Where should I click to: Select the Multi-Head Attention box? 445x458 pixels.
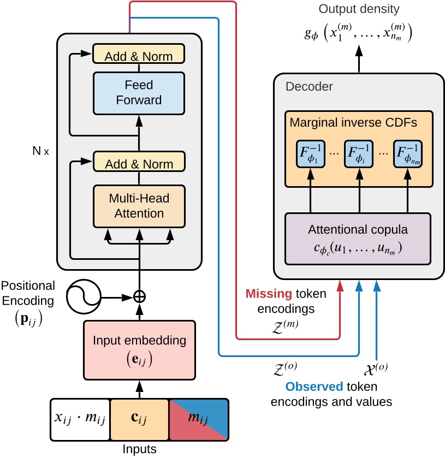click(x=139, y=205)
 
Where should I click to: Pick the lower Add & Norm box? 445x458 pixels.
click(x=139, y=163)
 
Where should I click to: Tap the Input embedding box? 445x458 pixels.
click(x=139, y=350)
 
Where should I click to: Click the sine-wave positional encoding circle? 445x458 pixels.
click(x=82, y=297)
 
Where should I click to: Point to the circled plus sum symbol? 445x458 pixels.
click(x=140, y=296)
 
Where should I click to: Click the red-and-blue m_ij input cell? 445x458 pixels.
click(x=198, y=420)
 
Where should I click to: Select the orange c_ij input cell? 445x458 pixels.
click(x=139, y=420)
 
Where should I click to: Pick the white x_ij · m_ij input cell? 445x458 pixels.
click(x=80, y=420)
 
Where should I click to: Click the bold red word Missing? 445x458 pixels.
click(x=268, y=294)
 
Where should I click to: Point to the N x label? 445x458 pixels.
click(x=39, y=151)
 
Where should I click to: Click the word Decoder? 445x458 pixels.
click(x=309, y=86)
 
